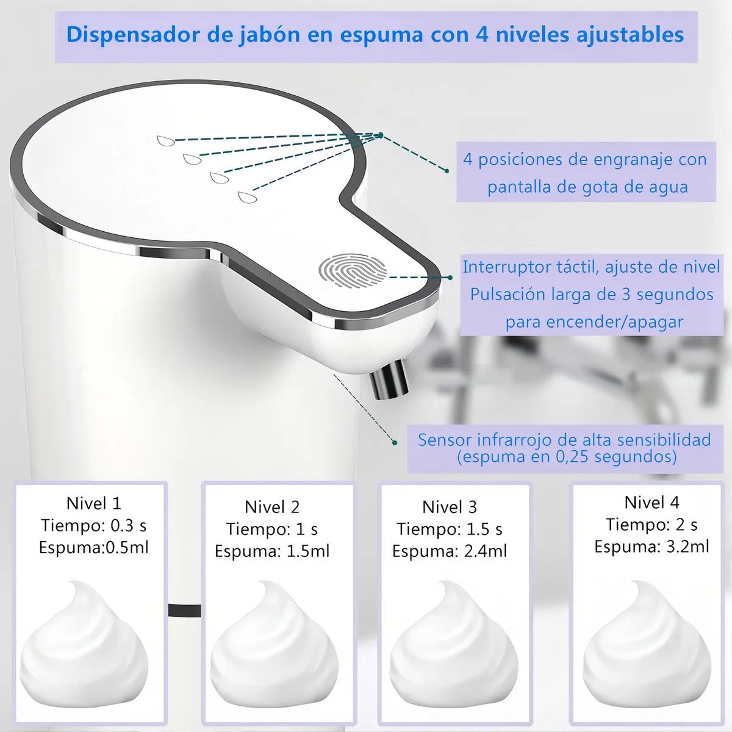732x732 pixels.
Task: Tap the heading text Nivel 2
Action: click(x=272, y=507)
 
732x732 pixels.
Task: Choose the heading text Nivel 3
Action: click(x=450, y=507)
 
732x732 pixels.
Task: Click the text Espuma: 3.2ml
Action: click(x=651, y=547)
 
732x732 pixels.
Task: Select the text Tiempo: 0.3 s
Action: click(x=94, y=525)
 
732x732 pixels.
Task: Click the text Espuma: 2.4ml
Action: click(x=450, y=551)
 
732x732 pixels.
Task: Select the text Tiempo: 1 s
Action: click(x=272, y=529)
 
